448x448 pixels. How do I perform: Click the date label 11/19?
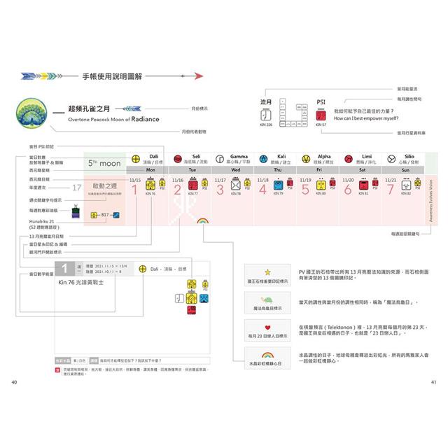(304, 180)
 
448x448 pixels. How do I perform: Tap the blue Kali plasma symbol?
(263, 159)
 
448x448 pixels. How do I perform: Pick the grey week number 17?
(77, 188)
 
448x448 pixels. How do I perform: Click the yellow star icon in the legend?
(267, 270)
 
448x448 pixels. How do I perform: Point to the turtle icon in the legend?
(267, 299)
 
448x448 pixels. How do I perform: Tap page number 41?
(434, 381)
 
